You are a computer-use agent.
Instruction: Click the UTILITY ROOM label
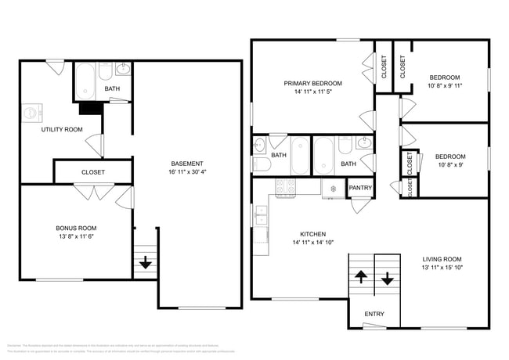(62, 129)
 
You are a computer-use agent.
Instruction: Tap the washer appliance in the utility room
(31, 112)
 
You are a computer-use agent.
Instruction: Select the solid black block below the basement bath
(91, 109)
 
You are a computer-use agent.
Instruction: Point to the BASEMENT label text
(186, 163)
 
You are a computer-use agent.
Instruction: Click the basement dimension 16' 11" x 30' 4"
(186, 172)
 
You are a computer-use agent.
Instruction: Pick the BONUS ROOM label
(76, 228)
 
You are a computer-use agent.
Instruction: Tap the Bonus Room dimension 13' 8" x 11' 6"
(76, 237)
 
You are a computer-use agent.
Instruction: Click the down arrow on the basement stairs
(145, 264)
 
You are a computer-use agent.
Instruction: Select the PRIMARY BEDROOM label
(312, 83)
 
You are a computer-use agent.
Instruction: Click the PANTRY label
(360, 188)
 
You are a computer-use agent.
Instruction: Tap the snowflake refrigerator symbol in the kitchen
(333, 188)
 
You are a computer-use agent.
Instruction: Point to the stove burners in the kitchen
(285, 186)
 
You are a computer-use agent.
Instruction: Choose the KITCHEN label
(312, 234)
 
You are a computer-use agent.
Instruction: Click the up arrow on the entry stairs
(361, 276)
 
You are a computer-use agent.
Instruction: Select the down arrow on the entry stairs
(388, 278)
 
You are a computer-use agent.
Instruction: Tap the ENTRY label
(374, 315)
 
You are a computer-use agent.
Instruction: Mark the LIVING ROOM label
(442, 259)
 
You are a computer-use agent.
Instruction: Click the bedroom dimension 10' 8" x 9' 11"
(444, 87)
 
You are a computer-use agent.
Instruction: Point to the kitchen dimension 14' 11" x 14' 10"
(312, 243)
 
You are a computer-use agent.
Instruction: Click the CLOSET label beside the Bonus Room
(93, 172)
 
